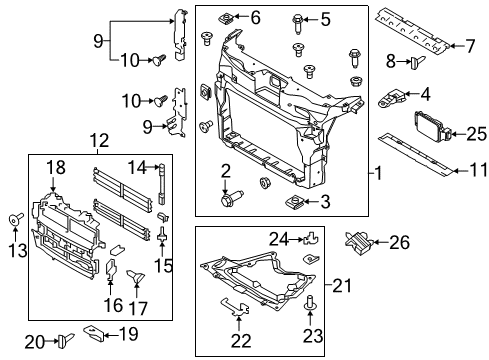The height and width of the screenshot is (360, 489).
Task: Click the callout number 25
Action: [x=476, y=134]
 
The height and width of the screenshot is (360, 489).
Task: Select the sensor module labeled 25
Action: [x=433, y=127]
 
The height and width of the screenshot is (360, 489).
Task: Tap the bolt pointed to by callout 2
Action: [x=232, y=197]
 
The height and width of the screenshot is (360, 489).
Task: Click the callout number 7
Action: [x=470, y=46]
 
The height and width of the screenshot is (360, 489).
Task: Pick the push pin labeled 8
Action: [x=418, y=62]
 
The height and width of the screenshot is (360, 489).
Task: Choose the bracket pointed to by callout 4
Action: [x=392, y=97]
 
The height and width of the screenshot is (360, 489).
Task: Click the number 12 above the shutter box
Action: [x=99, y=141]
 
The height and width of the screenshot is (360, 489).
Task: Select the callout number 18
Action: [x=56, y=168]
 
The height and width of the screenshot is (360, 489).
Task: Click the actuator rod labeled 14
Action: [x=162, y=183]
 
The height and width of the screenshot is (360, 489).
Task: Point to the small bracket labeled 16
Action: [x=110, y=269]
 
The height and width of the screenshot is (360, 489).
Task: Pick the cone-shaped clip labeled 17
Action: [x=136, y=276]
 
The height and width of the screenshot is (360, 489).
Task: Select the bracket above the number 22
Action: [x=236, y=307]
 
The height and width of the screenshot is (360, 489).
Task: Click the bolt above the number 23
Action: [x=310, y=301]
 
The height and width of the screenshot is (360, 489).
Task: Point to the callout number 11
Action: [x=478, y=171]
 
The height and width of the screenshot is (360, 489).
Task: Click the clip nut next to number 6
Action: [x=226, y=18]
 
